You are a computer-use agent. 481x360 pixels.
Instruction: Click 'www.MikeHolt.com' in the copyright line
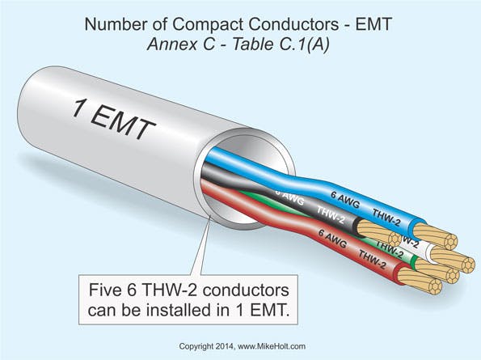[272, 345]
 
